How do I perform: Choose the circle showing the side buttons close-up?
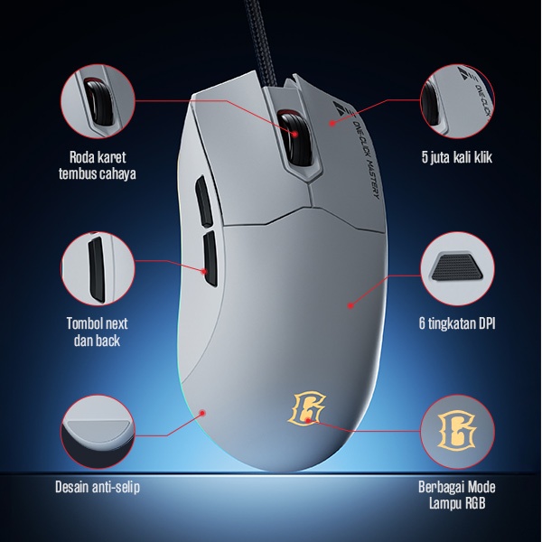97,268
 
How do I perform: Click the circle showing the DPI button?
457,269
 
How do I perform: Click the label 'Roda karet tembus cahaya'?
97,164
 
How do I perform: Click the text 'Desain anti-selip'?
98,488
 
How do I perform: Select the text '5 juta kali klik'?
457,157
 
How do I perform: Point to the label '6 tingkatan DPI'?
457,322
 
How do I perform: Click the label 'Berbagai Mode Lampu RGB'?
457,495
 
